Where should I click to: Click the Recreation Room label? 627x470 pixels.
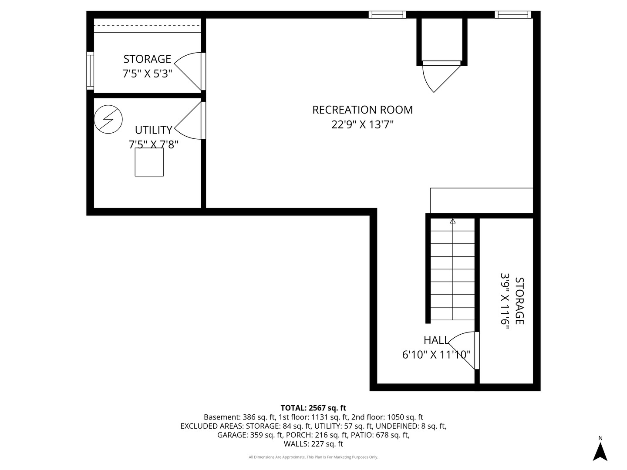coord(363,110)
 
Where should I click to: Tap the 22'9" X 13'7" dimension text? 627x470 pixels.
coord(363,125)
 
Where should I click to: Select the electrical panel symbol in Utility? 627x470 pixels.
coord(108,119)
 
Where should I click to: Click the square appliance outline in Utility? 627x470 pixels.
coord(149,162)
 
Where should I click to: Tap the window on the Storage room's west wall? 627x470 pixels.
coord(90,71)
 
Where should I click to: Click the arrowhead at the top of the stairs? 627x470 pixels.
coord(452,221)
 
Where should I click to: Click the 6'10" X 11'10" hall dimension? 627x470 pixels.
coord(436,355)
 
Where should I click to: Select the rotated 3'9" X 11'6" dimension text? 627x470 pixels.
coord(505,301)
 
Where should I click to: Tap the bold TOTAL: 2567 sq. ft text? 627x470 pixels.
coord(313,408)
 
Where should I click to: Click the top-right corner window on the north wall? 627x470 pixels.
coord(513,14)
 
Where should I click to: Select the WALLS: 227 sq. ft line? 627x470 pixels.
coord(313,444)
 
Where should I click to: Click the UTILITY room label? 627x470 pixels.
coord(154,130)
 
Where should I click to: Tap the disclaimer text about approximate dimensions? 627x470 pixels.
coord(313,457)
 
